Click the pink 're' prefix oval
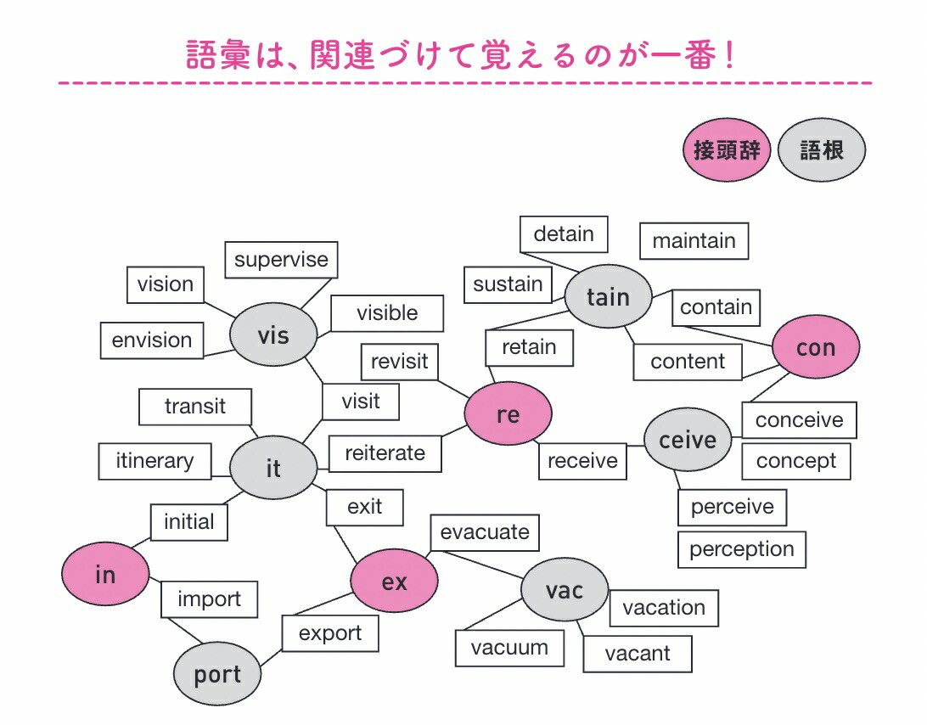point(508,413)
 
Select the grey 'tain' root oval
point(609,296)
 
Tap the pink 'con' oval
point(816,347)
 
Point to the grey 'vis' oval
point(273,334)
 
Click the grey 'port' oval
point(217,673)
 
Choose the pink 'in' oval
point(105,574)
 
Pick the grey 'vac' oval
point(565,589)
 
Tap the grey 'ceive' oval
point(688,440)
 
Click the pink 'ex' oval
point(395,581)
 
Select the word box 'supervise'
point(282,260)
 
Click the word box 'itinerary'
point(154,461)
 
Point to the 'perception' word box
point(742,550)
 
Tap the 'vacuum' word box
point(509,648)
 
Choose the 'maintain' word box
point(694,241)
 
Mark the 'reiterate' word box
point(385,453)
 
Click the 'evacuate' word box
point(485,533)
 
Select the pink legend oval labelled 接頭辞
point(727,149)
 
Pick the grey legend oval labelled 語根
point(822,149)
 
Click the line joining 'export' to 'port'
point(272,658)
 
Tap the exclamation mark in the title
point(730,55)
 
